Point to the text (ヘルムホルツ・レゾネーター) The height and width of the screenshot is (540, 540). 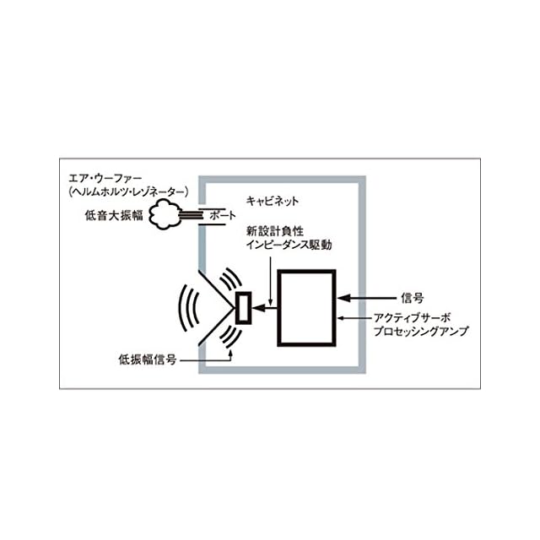coord(129,193)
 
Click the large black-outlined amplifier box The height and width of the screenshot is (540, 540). coord(306,306)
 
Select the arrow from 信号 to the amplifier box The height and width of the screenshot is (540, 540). coord(365,298)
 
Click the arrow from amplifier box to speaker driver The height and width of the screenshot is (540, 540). coord(265,308)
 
